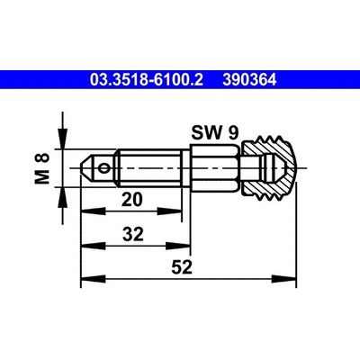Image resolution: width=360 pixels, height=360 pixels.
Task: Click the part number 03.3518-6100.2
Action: [147, 80]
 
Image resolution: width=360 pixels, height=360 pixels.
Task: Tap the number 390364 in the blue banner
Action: [249, 80]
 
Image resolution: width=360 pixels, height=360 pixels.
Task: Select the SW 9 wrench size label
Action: [215, 132]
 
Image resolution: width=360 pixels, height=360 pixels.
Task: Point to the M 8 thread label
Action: [42, 168]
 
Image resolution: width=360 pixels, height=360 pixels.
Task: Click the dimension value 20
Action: [132, 200]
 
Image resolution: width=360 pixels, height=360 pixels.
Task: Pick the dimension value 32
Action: [133, 234]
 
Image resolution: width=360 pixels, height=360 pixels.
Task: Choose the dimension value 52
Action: [182, 267]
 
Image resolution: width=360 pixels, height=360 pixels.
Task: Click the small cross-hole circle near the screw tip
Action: [104, 168]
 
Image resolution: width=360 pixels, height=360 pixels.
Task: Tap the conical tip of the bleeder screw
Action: [87, 168]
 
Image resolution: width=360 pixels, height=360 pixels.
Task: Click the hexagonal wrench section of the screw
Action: [215, 168]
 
